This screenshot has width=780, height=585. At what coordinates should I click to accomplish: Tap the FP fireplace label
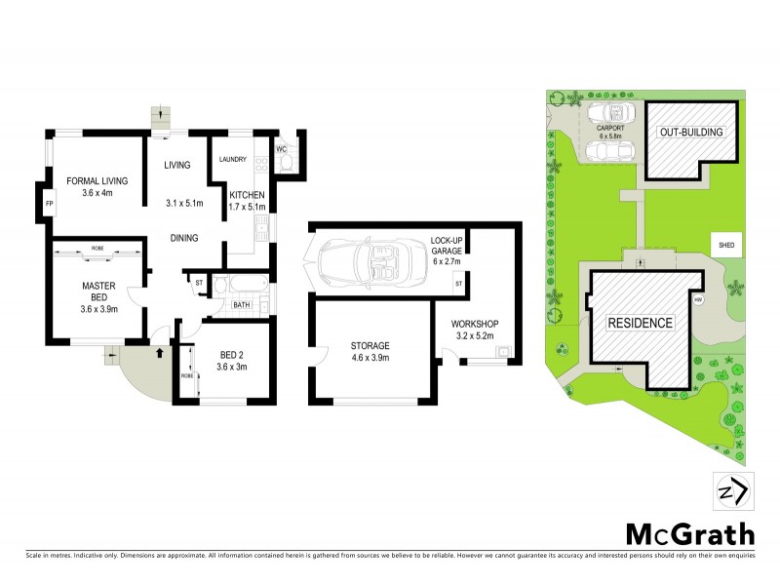pos(50,203)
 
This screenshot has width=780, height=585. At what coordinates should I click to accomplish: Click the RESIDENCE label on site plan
pos(641,323)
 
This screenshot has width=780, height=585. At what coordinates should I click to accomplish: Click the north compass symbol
pos(732,489)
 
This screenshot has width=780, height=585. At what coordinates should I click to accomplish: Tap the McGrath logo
pos(688,533)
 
